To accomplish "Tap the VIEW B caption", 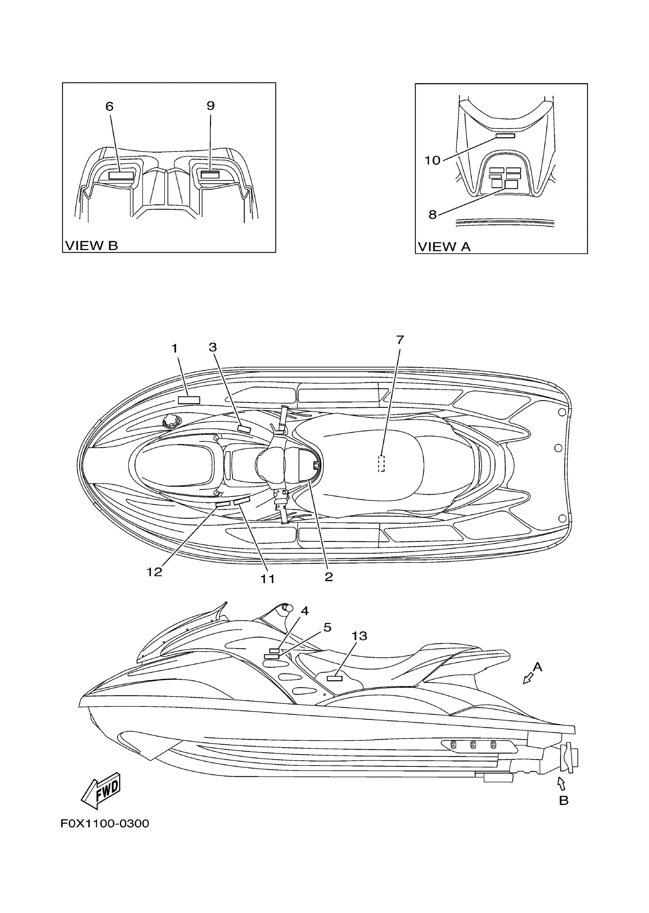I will coord(92,246).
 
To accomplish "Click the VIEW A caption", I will coord(444,247).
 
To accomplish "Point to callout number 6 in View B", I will coord(110,106).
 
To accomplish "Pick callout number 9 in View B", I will coord(211,105).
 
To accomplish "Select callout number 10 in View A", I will coord(432,160).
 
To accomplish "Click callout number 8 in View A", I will coord(433,215).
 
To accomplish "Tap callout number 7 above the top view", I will coord(400,340).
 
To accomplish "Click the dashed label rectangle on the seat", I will coord(381,464).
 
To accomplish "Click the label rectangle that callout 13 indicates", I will coord(334,678).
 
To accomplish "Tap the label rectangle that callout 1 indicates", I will coord(189,400).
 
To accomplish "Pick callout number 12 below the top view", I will coord(154,572).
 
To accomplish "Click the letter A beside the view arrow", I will coord(538,667).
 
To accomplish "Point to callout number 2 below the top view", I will coord(328,577).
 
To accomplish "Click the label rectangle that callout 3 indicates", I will coord(244,429).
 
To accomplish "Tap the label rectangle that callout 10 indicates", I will coord(505,136).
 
